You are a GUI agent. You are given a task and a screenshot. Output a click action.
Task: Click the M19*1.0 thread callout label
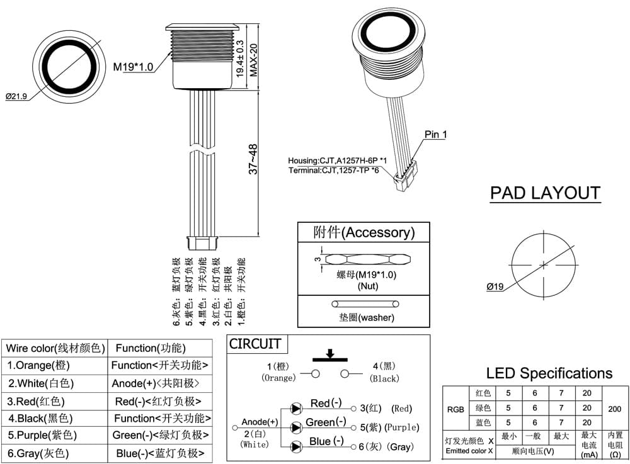tap(133, 67)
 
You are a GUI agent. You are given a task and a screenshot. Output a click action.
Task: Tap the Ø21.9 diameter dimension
tap(16, 96)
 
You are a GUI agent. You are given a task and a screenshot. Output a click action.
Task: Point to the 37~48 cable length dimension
tap(253, 159)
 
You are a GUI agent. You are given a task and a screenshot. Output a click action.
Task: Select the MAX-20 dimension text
tap(253, 60)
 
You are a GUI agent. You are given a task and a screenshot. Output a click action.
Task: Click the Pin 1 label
tap(435, 135)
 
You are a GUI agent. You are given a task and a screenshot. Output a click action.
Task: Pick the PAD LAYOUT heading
tap(545, 193)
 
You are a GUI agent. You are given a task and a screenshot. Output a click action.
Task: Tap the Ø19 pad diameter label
tap(495, 286)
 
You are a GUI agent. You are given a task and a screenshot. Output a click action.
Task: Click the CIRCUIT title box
tap(255, 344)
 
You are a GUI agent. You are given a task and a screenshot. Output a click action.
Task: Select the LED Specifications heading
tap(549, 373)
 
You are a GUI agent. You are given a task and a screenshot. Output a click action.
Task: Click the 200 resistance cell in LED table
tap(615, 409)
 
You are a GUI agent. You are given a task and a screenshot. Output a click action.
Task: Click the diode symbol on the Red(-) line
tap(297, 409)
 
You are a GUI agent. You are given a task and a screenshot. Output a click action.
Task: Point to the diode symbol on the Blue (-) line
tap(297, 446)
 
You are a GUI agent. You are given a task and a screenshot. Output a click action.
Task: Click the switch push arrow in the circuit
tap(330, 353)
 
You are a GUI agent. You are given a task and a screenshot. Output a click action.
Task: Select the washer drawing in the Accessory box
tap(365, 304)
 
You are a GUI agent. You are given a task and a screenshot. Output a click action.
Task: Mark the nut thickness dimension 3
tap(318, 259)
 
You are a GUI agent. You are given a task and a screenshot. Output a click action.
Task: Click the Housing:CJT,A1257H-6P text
tap(337, 161)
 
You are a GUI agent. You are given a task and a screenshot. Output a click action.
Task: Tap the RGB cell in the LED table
tap(455, 409)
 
